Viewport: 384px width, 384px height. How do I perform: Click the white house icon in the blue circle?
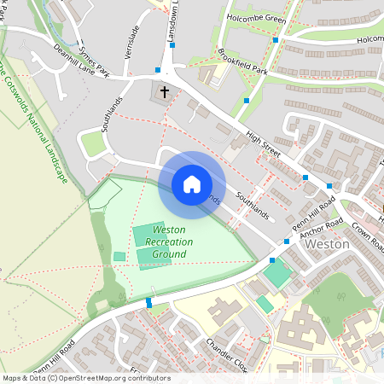coord(192,184)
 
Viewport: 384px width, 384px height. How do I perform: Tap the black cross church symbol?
coord(164,90)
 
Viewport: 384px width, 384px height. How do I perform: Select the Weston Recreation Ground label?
coord(169,241)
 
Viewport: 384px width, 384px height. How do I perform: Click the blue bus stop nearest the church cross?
coord(158,70)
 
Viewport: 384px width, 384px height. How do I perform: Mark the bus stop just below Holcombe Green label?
coord(275,39)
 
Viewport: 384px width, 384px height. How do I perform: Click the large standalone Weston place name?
coord(328,243)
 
